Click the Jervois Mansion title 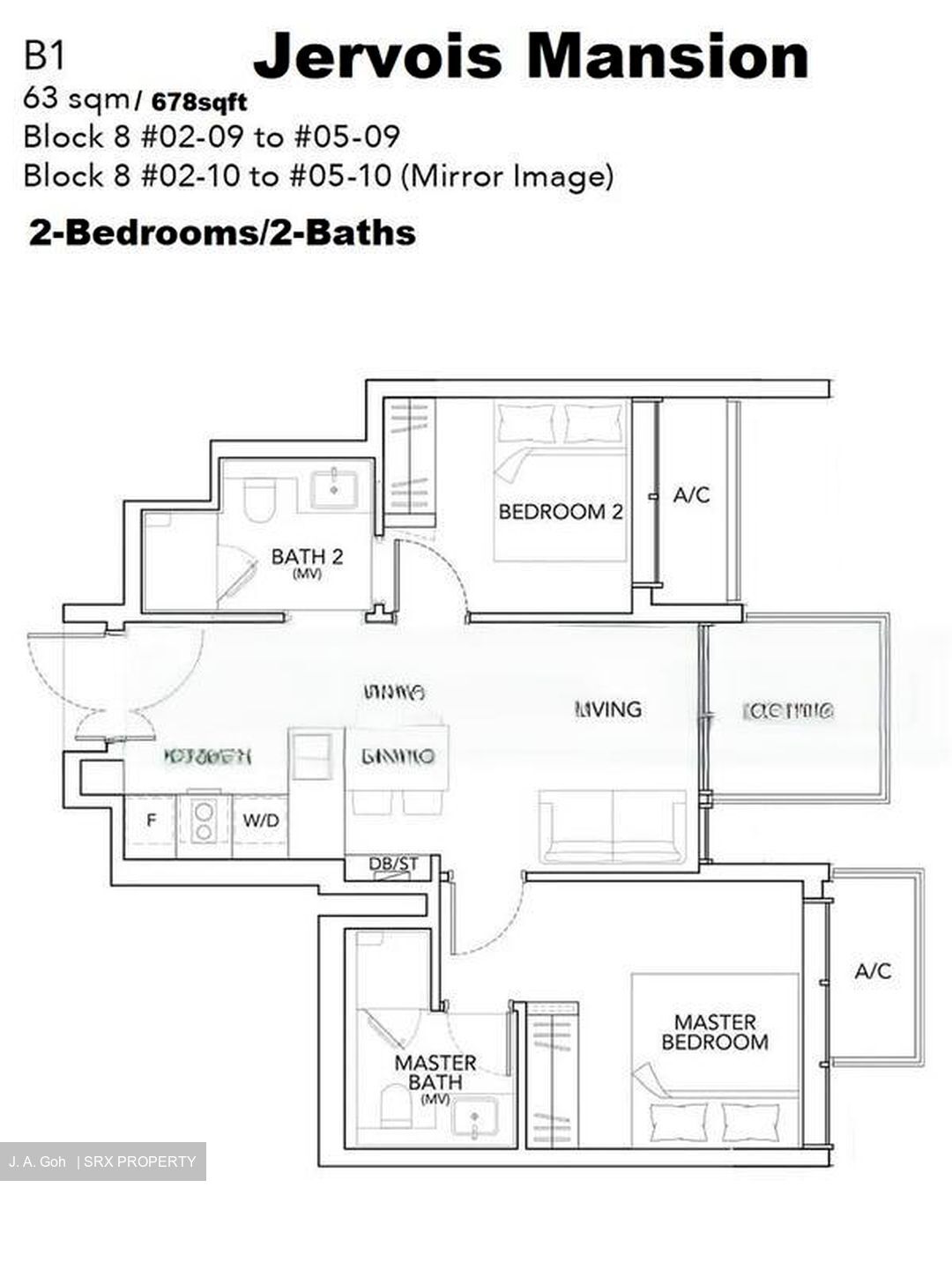pyautogui.click(x=531, y=55)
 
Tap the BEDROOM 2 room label pyautogui.click(x=561, y=512)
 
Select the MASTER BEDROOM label pyautogui.click(x=715, y=1032)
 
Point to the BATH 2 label pyautogui.click(x=307, y=557)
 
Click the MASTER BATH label pyautogui.click(x=435, y=1072)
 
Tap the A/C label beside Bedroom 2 pyautogui.click(x=691, y=495)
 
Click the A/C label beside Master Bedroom pyautogui.click(x=873, y=971)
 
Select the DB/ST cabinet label pyautogui.click(x=393, y=865)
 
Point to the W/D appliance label pyautogui.click(x=261, y=821)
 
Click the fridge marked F pyautogui.click(x=152, y=821)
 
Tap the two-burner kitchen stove pyautogui.click(x=205, y=821)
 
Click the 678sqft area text pyautogui.click(x=199, y=102)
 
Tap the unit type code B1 pyautogui.click(x=45, y=57)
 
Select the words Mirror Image pyautogui.click(x=507, y=176)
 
